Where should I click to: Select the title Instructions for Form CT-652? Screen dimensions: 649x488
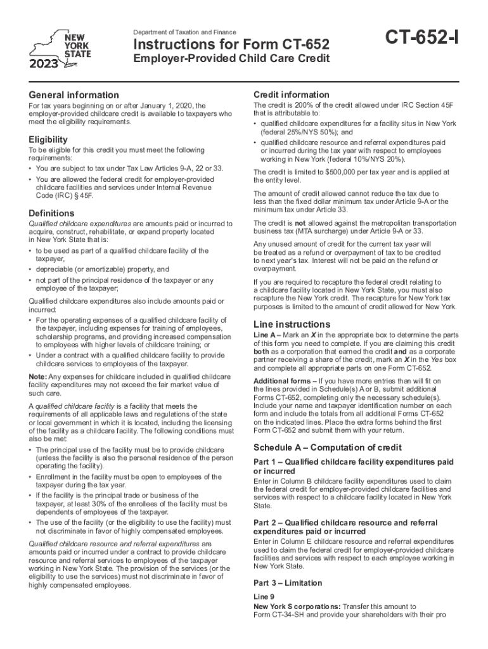point(231,45)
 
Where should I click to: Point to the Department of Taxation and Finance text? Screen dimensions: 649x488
point(184,32)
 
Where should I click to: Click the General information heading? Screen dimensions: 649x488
point(74,95)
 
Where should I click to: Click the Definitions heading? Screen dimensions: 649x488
point(52,213)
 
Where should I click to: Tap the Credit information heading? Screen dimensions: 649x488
point(291,94)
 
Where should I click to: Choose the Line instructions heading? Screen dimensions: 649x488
point(292,324)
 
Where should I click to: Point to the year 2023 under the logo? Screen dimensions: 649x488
point(43,63)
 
